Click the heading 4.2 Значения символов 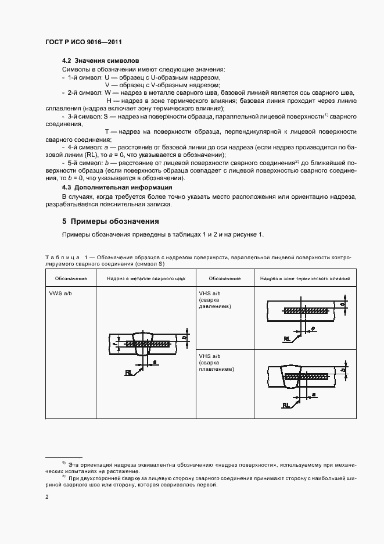[100, 61]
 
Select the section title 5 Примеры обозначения [110, 221]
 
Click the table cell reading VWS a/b [60, 294]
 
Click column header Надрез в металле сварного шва [146, 278]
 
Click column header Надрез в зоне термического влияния [304, 278]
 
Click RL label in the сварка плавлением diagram [286, 404]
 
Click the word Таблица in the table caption [60, 256]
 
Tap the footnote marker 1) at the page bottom [64, 462]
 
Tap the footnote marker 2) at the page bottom [64, 476]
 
